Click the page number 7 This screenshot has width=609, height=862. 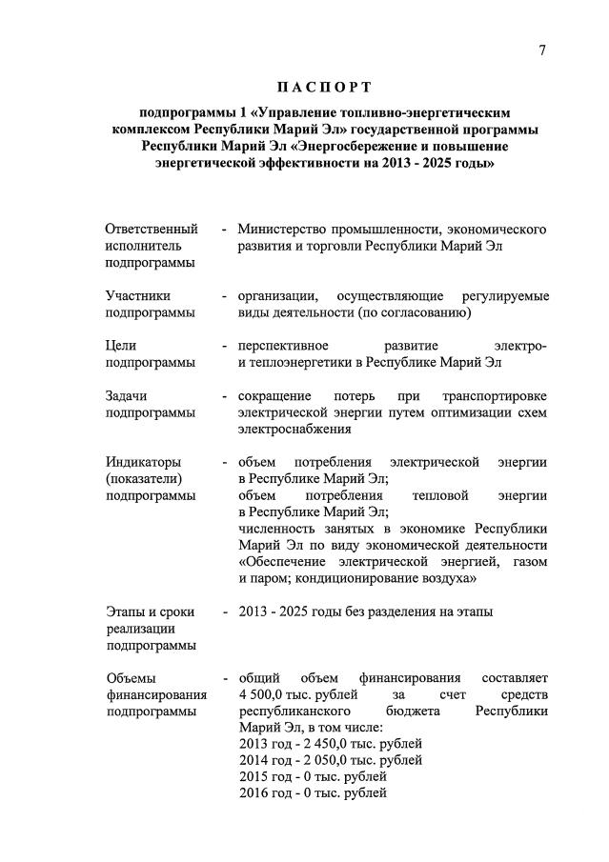541,50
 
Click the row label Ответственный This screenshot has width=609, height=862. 152,230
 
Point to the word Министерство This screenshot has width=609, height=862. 282,230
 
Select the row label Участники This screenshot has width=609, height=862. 139,296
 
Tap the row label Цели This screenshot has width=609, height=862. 121,346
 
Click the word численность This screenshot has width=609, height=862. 279,529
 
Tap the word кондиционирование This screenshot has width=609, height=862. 346,578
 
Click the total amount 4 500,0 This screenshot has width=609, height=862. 265,694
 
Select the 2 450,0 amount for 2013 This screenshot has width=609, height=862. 320,744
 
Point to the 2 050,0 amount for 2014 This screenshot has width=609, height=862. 320,760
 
